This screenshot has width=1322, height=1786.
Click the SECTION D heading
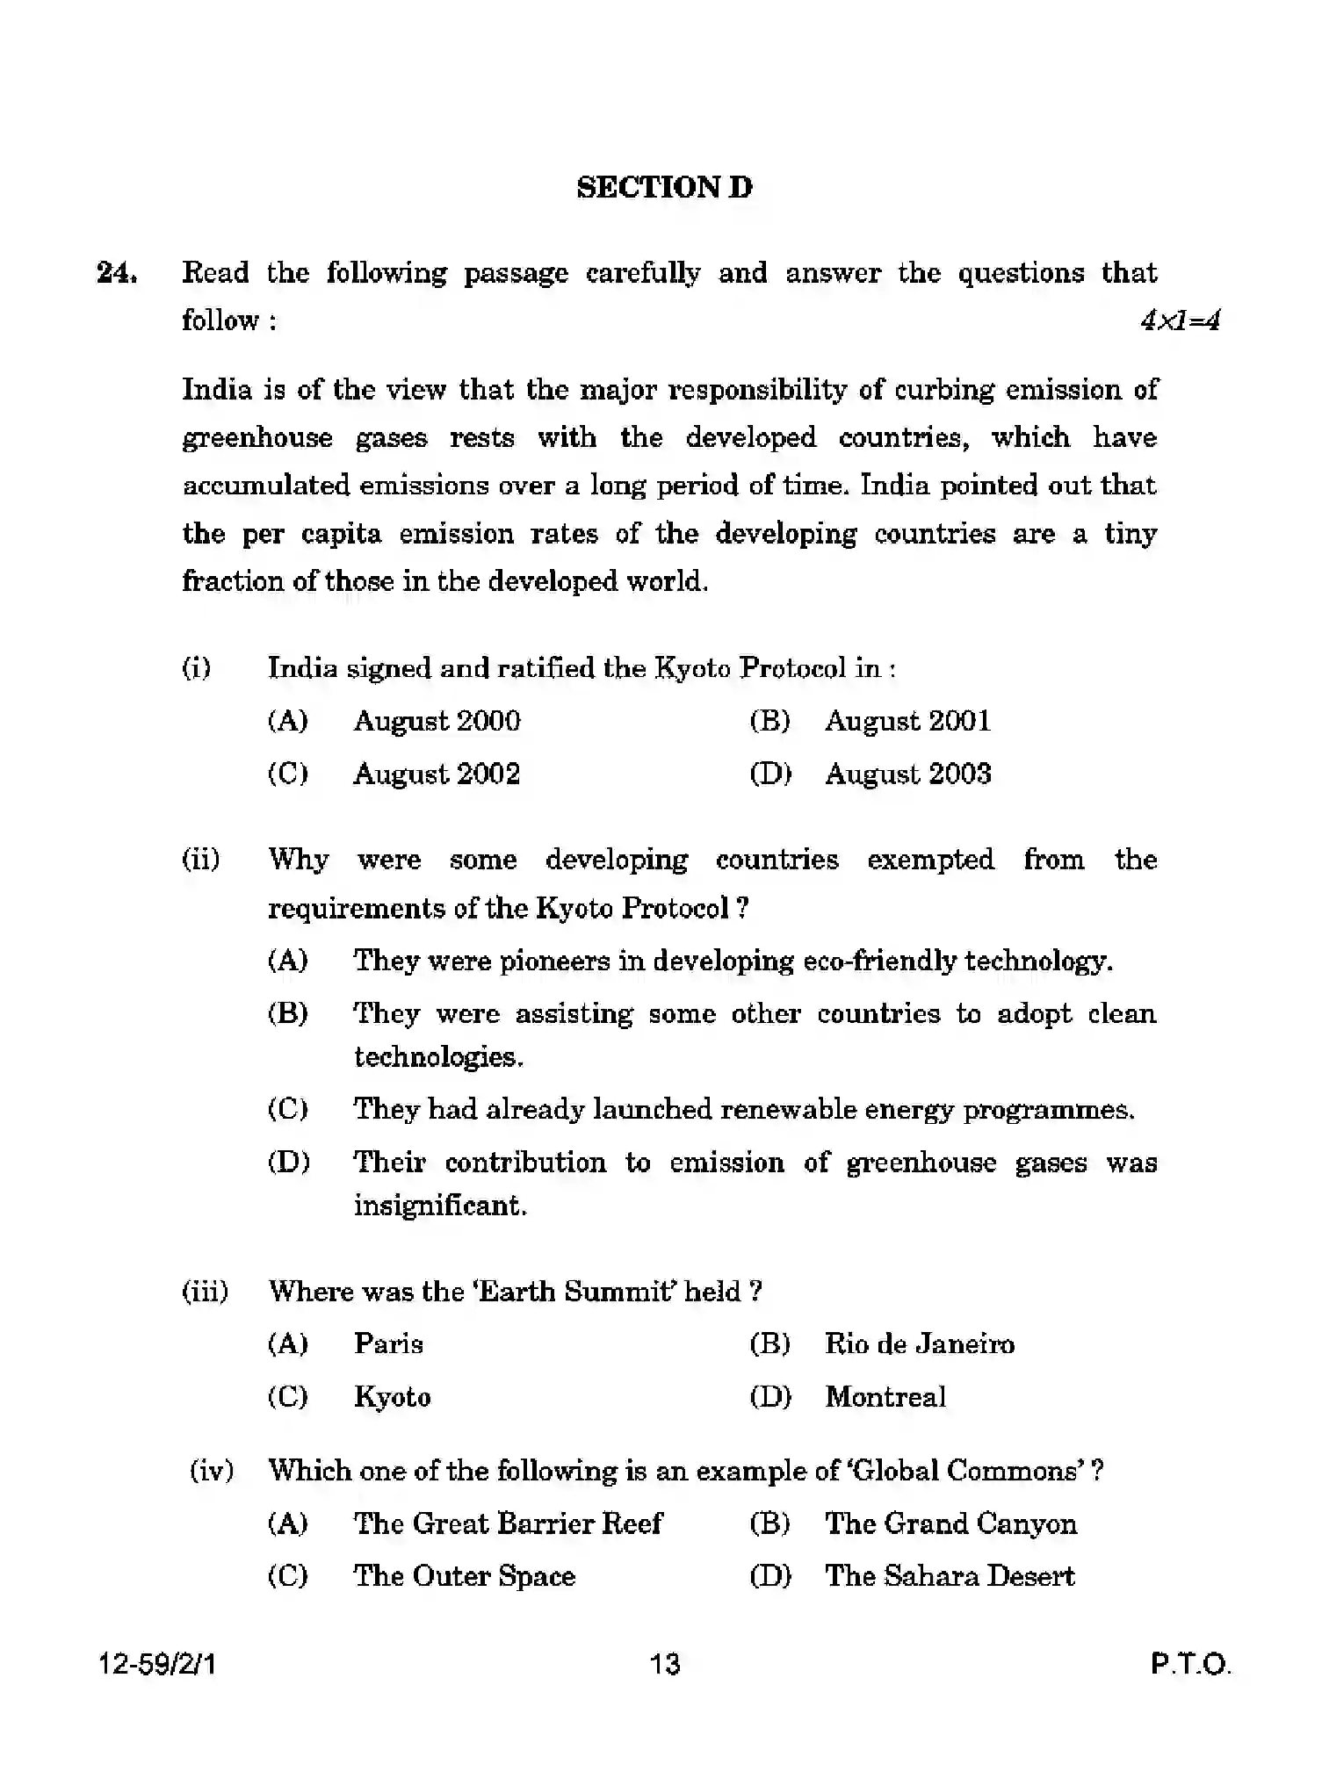pyautogui.click(x=664, y=187)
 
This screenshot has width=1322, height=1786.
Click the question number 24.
pyautogui.click(x=116, y=273)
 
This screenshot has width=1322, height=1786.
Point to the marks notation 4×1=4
pyautogui.click(x=1180, y=321)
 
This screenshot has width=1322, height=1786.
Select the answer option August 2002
pyautogui.click(x=437, y=774)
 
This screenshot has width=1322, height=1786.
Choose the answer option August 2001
pyautogui.click(x=907, y=721)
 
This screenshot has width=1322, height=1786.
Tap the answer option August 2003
pyautogui.click(x=907, y=774)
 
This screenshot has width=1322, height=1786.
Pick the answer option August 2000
pyautogui.click(x=437, y=721)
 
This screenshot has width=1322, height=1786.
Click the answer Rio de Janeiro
pyautogui.click(x=919, y=1343)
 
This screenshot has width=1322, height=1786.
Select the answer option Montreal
pyautogui.click(x=885, y=1396)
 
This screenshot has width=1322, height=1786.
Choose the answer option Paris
pyautogui.click(x=388, y=1343)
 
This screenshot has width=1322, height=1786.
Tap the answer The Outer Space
pyautogui.click(x=464, y=1575)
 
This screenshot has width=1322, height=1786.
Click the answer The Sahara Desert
pyautogui.click(x=949, y=1575)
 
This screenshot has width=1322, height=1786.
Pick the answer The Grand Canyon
pyautogui.click(x=950, y=1523)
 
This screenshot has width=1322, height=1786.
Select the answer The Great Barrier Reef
pyautogui.click(x=508, y=1523)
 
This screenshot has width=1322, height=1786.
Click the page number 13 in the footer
pyautogui.click(x=664, y=1664)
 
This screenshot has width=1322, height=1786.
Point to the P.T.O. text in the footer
pyautogui.click(x=1191, y=1664)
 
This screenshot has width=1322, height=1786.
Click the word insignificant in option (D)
pyautogui.click(x=439, y=1206)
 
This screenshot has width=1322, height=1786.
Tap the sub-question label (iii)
pyautogui.click(x=205, y=1292)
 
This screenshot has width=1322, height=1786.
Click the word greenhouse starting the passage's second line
pyautogui.click(x=257, y=438)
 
